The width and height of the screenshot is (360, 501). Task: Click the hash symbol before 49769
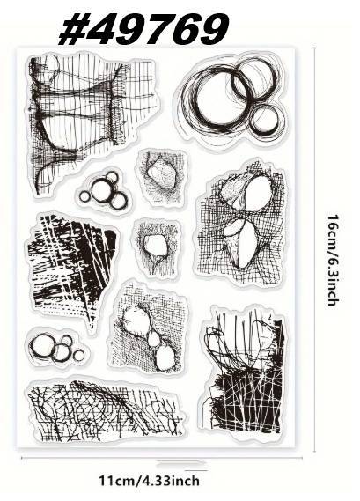(72, 29)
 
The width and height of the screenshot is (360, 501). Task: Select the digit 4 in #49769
(101, 29)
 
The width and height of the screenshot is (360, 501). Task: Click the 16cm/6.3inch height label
(334, 260)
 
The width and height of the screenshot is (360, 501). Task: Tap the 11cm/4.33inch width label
(149, 480)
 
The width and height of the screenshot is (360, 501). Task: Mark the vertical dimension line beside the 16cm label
(314, 249)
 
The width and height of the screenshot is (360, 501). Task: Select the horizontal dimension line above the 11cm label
(162, 458)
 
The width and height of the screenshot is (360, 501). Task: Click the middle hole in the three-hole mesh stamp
(154, 339)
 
